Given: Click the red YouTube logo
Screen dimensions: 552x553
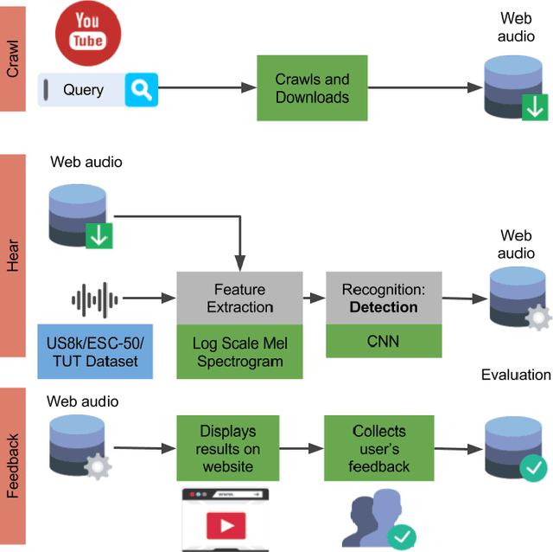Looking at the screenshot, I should [87, 32].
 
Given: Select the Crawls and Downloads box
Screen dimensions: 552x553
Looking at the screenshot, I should [312, 88].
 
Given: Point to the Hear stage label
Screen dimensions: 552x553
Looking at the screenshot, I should [13, 256].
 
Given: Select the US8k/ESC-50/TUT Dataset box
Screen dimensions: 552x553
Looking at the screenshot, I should [95, 351].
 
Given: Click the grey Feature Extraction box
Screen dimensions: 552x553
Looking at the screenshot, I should [239, 298].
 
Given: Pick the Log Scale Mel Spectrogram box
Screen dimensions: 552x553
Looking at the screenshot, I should [239, 352].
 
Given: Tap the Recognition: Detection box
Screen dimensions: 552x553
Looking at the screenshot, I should [384, 298].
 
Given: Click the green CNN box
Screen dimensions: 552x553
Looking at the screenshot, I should [384, 342].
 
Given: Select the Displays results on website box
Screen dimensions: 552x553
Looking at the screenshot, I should [227, 448].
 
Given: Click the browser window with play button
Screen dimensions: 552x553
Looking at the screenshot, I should [225, 521].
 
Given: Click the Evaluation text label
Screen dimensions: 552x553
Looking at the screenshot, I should [516, 375].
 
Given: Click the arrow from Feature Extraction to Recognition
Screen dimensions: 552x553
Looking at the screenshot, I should [314, 298].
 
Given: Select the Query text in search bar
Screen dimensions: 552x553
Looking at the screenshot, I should [83, 90].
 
